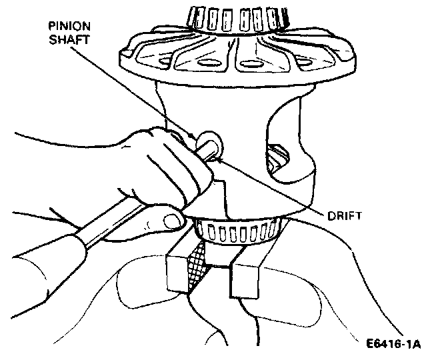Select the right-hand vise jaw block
[247, 273]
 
